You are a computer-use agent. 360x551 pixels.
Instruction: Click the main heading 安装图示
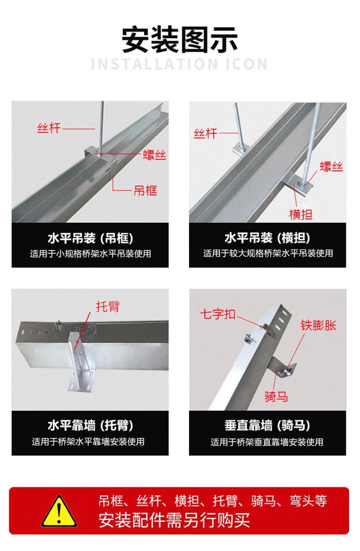pos(180,39)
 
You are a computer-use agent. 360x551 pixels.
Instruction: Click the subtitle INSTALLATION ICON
pos(180,64)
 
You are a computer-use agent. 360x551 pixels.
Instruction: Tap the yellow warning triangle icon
pos(59,511)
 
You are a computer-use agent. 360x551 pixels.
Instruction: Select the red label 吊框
pos(145,190)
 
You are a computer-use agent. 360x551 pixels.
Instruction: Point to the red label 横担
pos(300,214)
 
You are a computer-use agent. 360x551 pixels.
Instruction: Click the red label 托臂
pos(108,306)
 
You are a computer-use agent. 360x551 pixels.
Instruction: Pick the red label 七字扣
pos(218,314)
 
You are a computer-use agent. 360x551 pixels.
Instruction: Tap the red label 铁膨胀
pos(318,325)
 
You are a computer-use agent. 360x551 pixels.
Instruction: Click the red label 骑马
pos(276,396)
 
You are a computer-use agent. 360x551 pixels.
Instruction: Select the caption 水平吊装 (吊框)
pos(90,238)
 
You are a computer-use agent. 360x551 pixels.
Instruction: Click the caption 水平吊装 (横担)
pos(267,238)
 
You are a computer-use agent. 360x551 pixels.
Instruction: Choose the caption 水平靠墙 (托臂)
pos(90,426)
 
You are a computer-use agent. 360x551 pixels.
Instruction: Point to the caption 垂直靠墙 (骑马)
pos(267,426)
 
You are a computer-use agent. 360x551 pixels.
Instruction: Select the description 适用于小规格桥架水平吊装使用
pos(90,253)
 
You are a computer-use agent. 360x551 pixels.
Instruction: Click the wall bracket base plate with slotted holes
pos(81,381)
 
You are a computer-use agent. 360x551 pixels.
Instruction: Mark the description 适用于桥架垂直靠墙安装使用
pos(267,442)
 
